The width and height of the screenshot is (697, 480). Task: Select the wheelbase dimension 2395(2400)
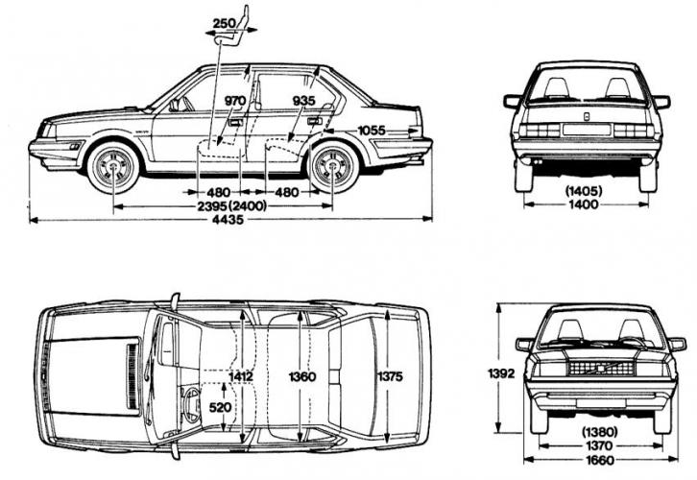pos(227,205)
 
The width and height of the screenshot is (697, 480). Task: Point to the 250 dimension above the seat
pos(226,23)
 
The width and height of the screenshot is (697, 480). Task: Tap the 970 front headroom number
pos(235,101)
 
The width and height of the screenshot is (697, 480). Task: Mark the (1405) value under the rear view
pos(585,190)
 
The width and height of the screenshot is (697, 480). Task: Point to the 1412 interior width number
pos(241,376)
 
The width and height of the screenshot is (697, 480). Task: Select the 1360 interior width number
pos(301,376)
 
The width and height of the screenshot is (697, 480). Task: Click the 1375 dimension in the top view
pos(390,376)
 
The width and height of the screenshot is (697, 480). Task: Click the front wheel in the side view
pos(114,167)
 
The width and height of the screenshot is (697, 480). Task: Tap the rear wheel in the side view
pos(333,166)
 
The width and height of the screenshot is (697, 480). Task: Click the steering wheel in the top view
pos(189,404)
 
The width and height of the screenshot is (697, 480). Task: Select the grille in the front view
pos(601,368)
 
